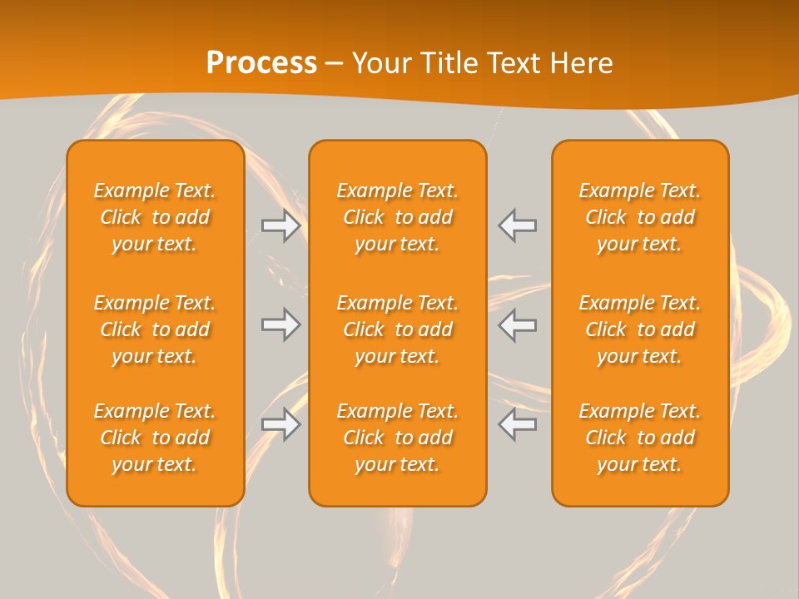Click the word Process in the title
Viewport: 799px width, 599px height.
[261, 63]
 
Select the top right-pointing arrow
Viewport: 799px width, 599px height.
[280, 225]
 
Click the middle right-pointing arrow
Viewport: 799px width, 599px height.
[280, 324]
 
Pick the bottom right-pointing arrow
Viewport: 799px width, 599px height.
[280, 424]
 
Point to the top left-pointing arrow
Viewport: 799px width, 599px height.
[518, 225]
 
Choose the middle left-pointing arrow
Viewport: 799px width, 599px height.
[518, 324]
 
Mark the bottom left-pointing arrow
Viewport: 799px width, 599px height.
[518, 424]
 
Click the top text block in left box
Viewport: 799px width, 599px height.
[155, 217]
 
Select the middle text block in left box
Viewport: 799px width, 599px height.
[155, 329]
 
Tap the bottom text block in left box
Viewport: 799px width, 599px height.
[155, 438]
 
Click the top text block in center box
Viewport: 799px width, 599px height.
[398, 217]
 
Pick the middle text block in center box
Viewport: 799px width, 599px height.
[398, 329]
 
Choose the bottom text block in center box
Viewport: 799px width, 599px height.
[398, 438]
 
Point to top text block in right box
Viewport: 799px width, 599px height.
[640, 217]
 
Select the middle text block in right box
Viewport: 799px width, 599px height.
[640, 329]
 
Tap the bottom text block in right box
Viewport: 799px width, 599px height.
[640, 438]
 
